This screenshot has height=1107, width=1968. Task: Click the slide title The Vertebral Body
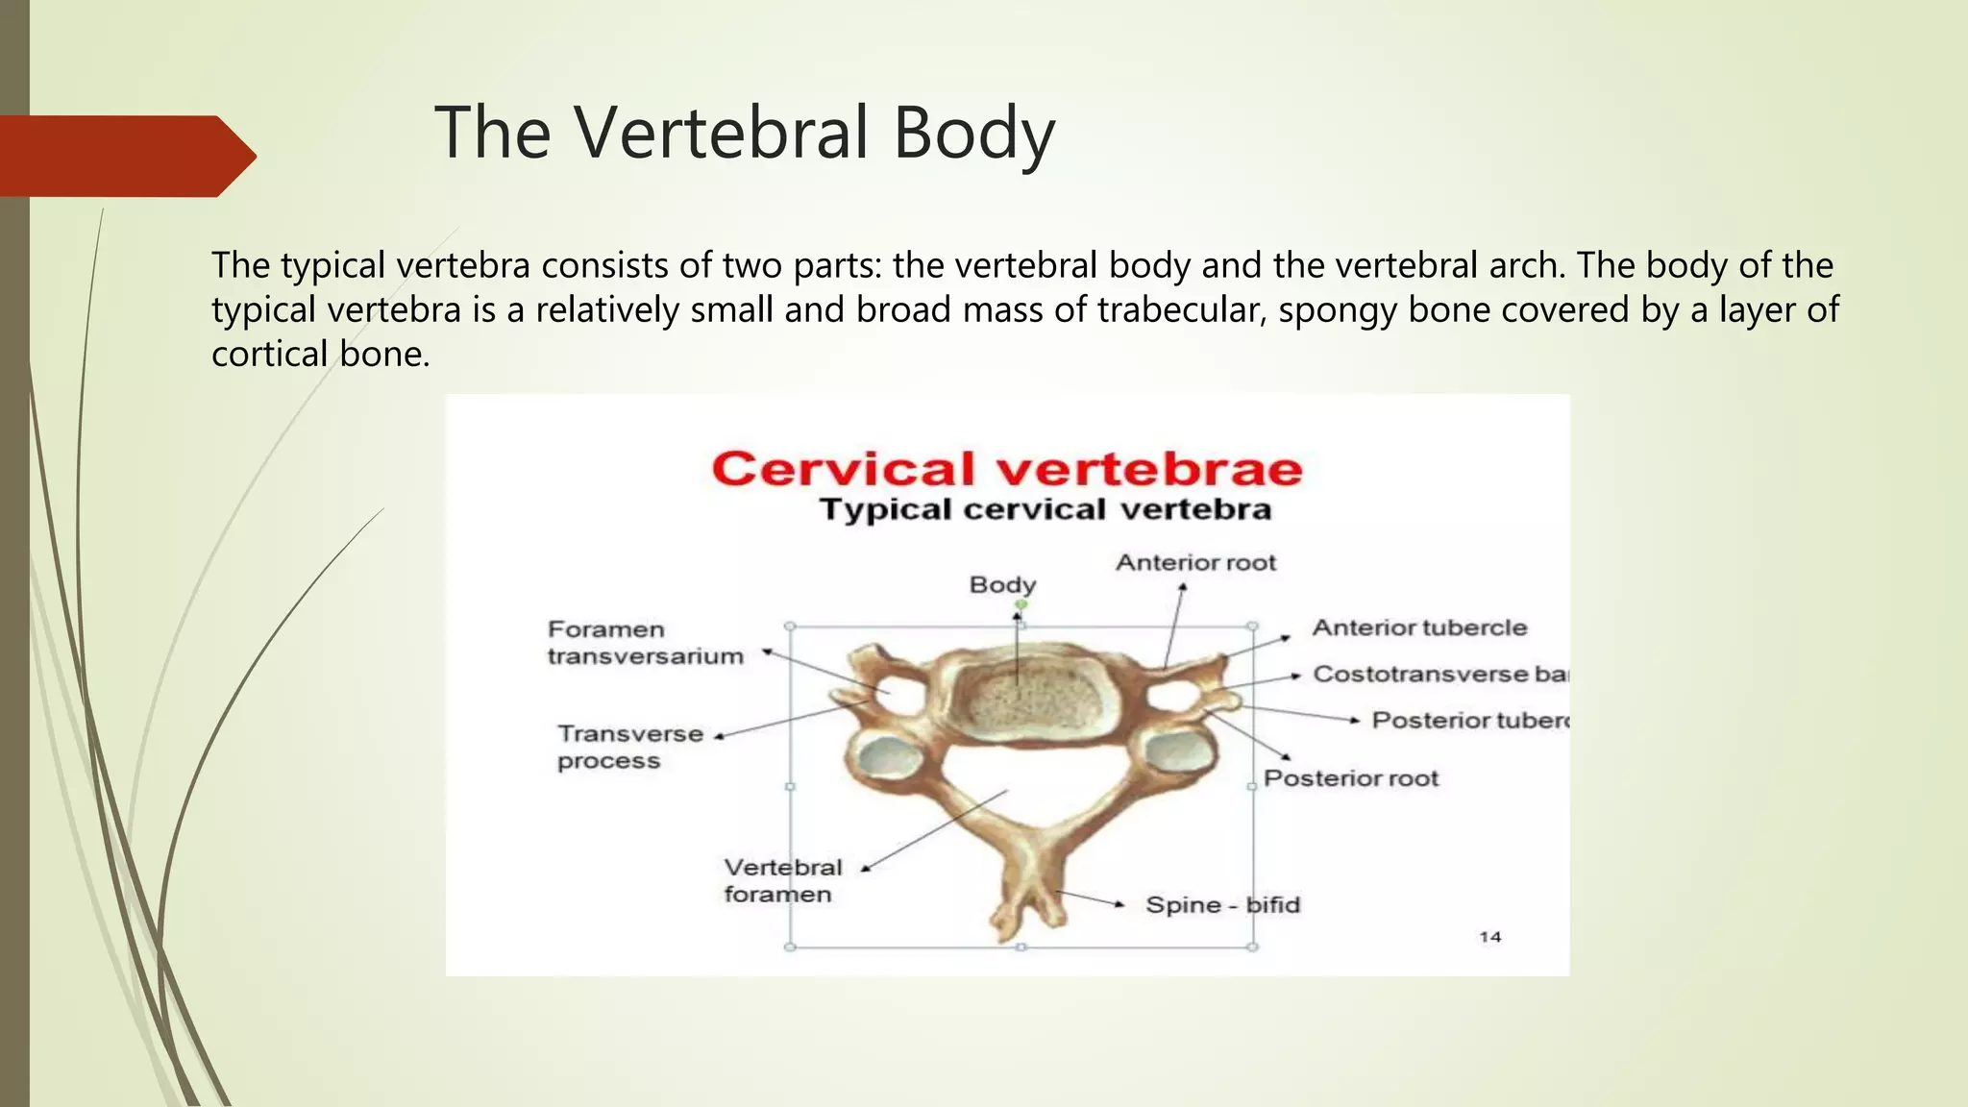[x=745, y=134]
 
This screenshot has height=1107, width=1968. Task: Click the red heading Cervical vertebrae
[x=1006, y=470]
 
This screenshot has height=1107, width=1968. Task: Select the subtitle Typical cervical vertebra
[x=1045, y=509]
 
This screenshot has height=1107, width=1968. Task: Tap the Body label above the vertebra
[x=1002, y=584]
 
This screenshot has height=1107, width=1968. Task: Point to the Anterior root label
[x=1195, y=562]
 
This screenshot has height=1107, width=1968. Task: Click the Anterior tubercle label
[x=1419, y=627]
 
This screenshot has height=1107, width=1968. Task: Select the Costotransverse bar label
[x=1439, y=674]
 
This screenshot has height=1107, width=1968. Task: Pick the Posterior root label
[x=1351, y=778]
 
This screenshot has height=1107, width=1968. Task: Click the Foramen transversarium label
[x=645, y=643]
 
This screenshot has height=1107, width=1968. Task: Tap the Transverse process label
[x=629, y=747]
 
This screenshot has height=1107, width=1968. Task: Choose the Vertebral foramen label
[x=781, y=880]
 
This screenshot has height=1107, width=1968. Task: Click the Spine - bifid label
[x=1222, y=905]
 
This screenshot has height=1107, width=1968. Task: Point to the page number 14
[x=1489, y=936]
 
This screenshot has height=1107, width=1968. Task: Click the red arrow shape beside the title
[x=125, y=156]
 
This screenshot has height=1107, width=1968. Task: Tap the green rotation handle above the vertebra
[x=1021, y=604]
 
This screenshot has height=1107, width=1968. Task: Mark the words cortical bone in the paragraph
[x=320, y=354]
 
